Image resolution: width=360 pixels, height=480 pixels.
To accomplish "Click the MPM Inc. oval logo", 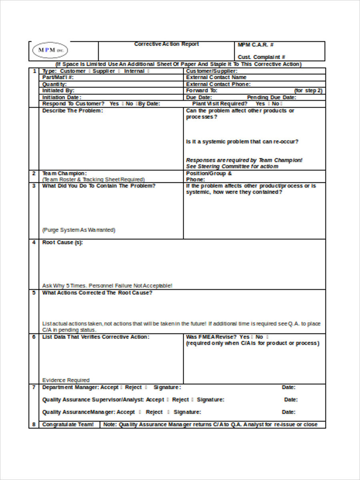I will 50,50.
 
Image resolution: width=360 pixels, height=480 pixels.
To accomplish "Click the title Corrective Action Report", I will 166,44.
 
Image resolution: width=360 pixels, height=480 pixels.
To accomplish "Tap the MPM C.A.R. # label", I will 256,45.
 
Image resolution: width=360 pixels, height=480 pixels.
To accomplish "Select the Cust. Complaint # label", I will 261,57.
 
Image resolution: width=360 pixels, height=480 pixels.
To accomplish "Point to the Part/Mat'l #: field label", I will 58,77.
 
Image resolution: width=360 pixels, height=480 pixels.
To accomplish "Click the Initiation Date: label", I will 62,97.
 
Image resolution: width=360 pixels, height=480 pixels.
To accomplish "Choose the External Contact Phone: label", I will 218,84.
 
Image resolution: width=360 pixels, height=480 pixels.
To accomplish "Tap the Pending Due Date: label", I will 271,97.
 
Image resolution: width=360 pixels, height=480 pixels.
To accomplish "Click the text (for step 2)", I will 308,90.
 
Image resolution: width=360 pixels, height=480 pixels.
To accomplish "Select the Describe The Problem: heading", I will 72,111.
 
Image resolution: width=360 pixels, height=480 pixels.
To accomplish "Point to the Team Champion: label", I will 64,173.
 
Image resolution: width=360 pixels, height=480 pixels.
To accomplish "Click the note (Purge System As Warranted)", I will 79,230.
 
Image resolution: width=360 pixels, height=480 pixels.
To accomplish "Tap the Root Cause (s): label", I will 62,242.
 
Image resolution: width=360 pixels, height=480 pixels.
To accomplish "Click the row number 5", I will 34,293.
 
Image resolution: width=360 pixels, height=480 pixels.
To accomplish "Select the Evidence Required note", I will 66,380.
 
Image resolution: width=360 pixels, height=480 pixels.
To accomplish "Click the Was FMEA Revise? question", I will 211,337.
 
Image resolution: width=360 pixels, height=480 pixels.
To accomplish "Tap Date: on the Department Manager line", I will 288,387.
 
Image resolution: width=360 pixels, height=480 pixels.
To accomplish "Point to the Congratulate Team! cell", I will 68,424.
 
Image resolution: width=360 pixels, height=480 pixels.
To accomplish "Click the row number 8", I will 34,424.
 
